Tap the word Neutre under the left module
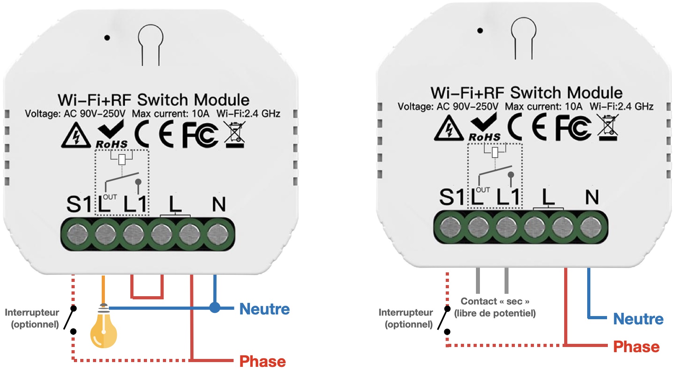pos(264,309)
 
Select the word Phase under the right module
pos(636,347)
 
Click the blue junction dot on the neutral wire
pos(215,307)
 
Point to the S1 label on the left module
pos(79,204)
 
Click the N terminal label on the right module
pos(592,197)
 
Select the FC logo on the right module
pos(572,127)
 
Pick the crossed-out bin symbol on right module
pos(608,127)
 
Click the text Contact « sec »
pos(495,301)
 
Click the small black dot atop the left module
pos(107,38)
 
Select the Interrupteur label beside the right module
pos(406,312)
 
